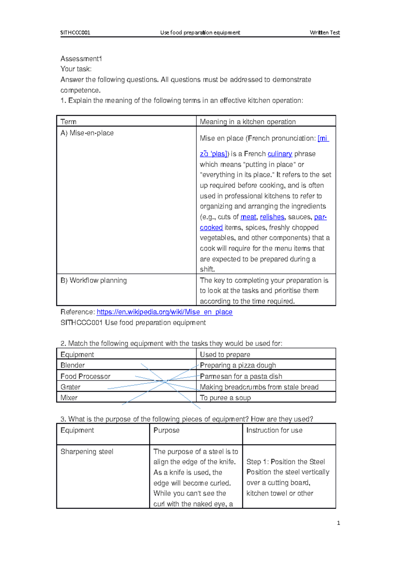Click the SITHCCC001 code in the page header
click(x=75, y=32)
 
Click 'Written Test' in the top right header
click(x=324, y=32)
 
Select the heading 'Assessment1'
click(x=81, y=59)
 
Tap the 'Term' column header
click(x=68, y=122)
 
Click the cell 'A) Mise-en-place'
click(x=87, y=133)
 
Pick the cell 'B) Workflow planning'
click(x=94, y=280)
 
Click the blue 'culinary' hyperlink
click(x=280, y=154)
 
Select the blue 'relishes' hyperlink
click(x=272, y=217)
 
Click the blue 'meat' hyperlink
click(x=248, y=217)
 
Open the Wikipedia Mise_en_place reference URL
click(x=164, y=312)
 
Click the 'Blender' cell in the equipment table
click(x=73, y=365)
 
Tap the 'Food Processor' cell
click(x=85, y=376)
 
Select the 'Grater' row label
click(x=70, y=387)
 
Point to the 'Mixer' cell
click(x=69, y=398)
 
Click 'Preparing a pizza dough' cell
click(x=238, y=365)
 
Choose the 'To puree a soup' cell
click(x=225, y=398)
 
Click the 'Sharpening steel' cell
click(x=87, y=452)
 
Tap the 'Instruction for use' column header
click(x=274, y=430)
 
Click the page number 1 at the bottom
click(x=338, y=523)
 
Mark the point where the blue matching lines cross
click(x=165, y=381)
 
